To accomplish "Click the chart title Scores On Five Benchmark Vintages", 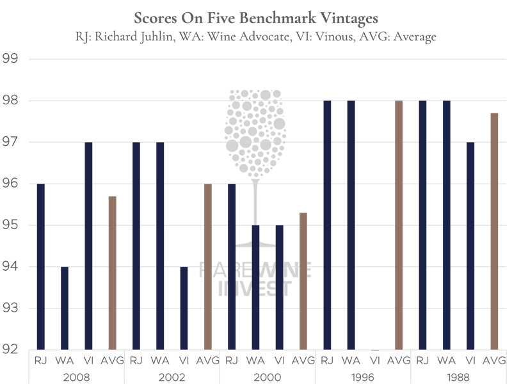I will pos(255,17).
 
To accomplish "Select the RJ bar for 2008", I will pos(41,266).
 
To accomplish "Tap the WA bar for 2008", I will pos(65,308).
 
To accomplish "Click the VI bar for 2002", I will pos(184,308).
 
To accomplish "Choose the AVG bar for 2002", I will pos(208,266).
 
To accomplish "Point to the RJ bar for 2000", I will pos(232,266).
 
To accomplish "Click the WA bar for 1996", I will pos(351,225).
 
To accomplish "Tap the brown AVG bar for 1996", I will pos(399,225).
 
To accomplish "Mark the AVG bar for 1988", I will pos(495,231).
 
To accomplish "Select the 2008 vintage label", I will pos(77,376).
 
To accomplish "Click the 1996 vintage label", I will pos(364,376).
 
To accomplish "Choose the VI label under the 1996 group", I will pos(375,360).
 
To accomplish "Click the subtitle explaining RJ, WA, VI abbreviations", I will pos(255,36).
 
